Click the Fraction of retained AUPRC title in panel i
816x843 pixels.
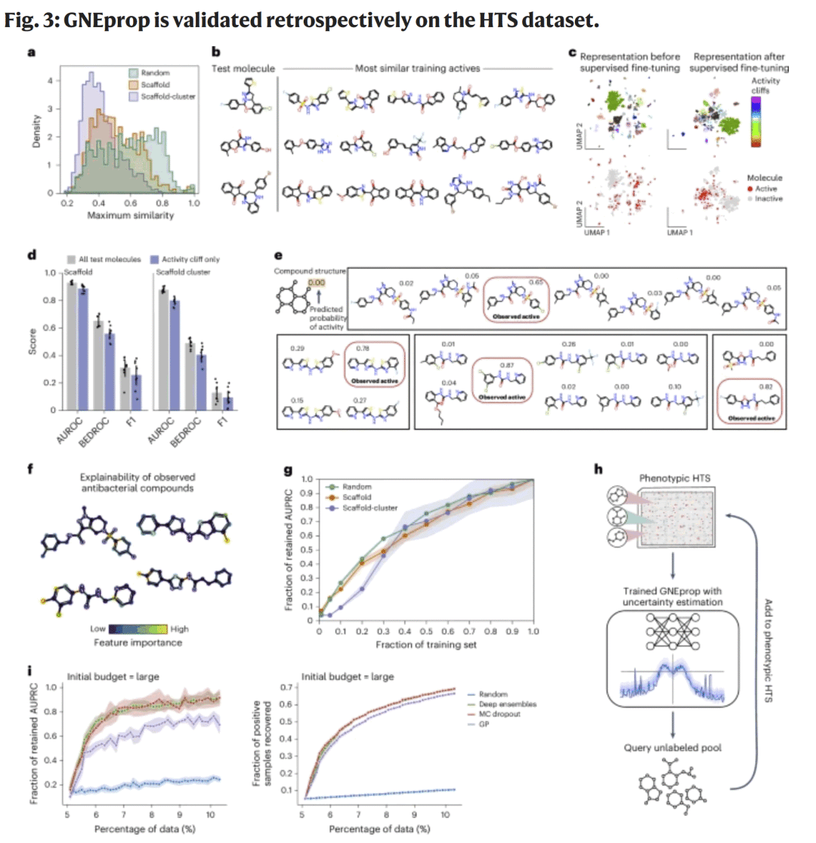click(x=14, y=740)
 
